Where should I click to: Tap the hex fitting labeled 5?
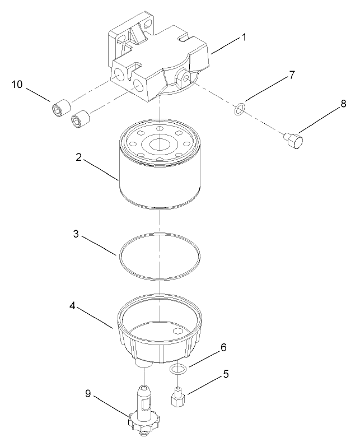[177, 399]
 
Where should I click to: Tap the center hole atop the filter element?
[160, 143]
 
